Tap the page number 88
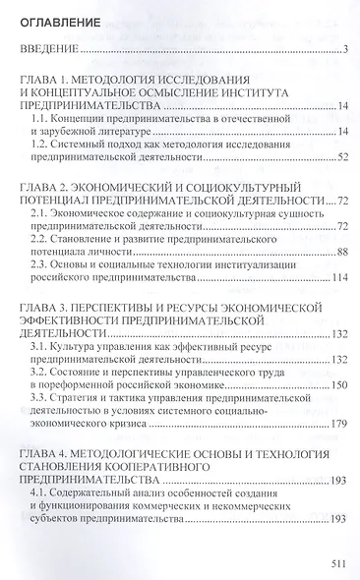click(343, 252)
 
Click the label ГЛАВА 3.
click(51, 307)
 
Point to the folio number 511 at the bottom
click(336, 563)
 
